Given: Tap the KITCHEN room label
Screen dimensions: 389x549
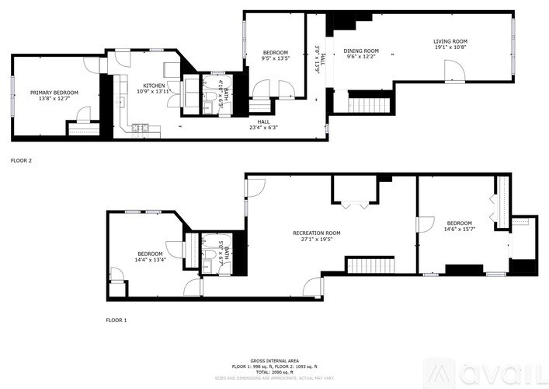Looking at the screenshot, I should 153,85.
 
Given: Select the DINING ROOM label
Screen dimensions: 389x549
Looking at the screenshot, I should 361,51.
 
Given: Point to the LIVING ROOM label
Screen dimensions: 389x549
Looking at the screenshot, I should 450,41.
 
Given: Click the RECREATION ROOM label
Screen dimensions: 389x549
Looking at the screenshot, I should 316,233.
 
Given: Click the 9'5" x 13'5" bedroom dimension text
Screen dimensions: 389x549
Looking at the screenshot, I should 275,58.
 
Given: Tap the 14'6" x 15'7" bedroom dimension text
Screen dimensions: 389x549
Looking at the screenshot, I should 458,229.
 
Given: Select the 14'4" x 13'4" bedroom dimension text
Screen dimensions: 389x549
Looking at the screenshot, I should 149,260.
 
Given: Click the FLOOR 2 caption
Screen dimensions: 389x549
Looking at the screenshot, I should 21,160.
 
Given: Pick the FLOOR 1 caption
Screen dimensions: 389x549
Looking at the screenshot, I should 116,320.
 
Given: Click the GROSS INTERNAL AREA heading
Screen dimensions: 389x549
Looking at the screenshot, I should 274,361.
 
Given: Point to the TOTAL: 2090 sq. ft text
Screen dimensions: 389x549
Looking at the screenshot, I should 274,371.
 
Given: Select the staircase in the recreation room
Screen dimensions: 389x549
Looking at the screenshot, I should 370,265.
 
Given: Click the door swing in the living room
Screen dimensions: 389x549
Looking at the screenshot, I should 454,72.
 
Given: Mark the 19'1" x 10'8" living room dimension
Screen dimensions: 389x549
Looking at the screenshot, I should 450,48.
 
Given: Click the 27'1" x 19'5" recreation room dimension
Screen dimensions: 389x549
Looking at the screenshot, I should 316,240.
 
